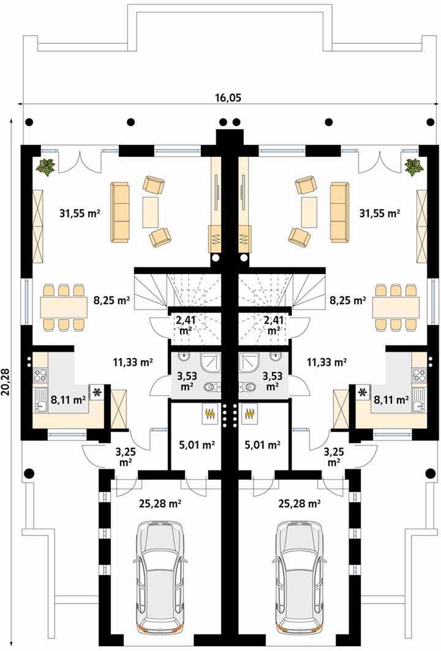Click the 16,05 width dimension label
point(228,97)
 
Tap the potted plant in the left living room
point(45,168)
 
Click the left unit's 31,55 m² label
point(78,214)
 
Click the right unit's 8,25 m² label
point(348,300)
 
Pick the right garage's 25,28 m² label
point(300,504)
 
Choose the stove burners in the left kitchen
point(40,376)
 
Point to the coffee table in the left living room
point(150,212)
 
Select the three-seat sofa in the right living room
point(339,212)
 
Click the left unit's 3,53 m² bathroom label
point(186,381)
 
